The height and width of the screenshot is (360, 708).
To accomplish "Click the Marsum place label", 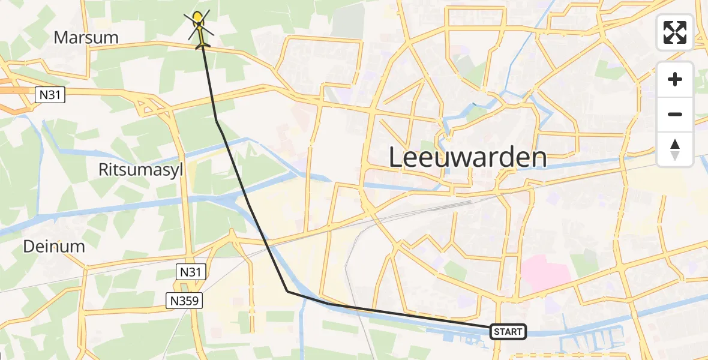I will pyautogui.click(x=86, y=37).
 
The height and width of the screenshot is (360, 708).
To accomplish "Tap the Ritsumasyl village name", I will pyautogui.click(x=140, y=170).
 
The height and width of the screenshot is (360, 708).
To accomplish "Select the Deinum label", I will pyautogui.click(x=54, y=246).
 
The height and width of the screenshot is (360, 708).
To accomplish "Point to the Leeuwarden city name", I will pyautogui.click(x=467, y=158).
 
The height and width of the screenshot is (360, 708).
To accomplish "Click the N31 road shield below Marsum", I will pyautogui.click(x=49, y=94).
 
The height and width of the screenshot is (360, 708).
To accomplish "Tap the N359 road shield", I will pyautogui.click(x=185, y=301).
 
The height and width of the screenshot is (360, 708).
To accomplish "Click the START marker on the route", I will pyautogui.click(x=508, y=331).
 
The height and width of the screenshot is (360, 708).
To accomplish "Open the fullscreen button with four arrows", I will pyautogui.click(x=675, y=32).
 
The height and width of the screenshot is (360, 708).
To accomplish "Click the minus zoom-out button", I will pyautogui.click(x=675, y=114).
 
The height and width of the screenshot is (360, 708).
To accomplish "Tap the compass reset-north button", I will pyautogui.click(x=675, y=149).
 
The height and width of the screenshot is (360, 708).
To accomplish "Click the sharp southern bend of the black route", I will pyautogui.click(x=287, y=292).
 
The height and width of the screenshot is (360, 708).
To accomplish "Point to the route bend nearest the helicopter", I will pyautogui.click(x=217, y=121).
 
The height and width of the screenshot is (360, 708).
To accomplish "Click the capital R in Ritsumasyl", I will pyautogui.click(x=104, y=170).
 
